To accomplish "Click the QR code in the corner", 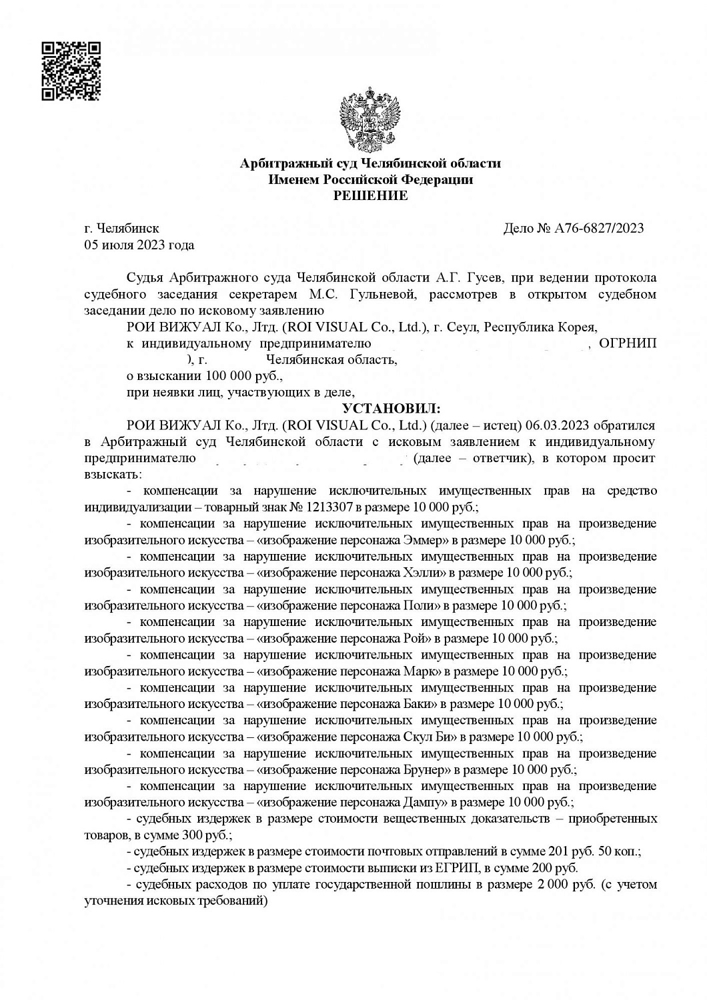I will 71,71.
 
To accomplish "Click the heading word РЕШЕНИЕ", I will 370,196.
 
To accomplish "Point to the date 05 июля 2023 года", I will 139,245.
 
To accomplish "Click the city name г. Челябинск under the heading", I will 121,229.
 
